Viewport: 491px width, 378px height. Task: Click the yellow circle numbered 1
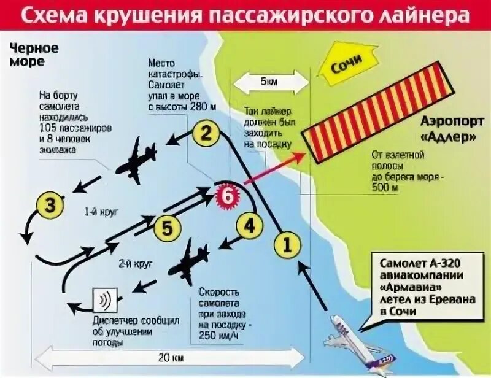(288, 245)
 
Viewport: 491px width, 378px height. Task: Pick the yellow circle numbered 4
(249, 226)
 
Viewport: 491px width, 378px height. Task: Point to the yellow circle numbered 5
(167, 228)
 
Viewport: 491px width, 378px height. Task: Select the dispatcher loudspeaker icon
(104, 301)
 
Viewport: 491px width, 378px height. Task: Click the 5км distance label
(268, 82)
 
